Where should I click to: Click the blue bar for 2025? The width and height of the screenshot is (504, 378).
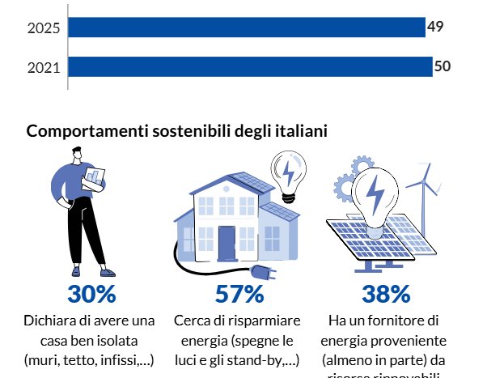point(247,28)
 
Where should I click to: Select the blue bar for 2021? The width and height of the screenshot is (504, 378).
point(250,66)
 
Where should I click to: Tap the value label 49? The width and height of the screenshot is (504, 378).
point(435,28)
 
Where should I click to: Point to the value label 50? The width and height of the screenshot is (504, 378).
point(443,66)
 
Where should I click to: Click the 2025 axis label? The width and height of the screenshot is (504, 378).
point(44,28)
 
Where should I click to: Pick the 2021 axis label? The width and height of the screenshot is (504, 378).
point(44,67)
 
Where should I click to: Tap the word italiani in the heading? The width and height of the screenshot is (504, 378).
point(300,131)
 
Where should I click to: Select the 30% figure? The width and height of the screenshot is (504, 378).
point(91,294)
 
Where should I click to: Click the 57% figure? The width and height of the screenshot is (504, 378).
point(239,294)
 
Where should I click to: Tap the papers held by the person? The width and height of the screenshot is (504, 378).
point(97,177)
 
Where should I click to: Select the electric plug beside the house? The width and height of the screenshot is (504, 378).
point(263,271)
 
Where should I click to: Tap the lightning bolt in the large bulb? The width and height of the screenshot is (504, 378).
point(376,194)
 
